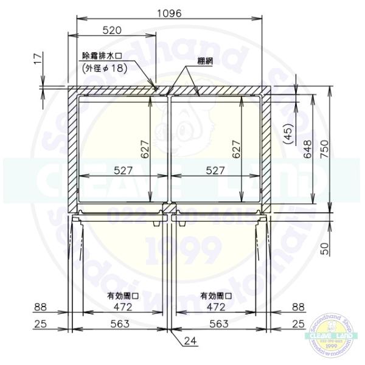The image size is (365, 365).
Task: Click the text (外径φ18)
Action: pyautogui.click(x=105, y=68)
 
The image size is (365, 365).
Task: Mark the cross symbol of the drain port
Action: pyautogui.click(x=156, y=89)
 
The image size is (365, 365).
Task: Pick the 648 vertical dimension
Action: pyautogui.click(x=308, y=149)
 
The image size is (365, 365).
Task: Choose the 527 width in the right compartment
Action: pyautogui.click(x=216, y=171)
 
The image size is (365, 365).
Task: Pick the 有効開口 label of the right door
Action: pyautogui.click(x=217, y=296)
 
